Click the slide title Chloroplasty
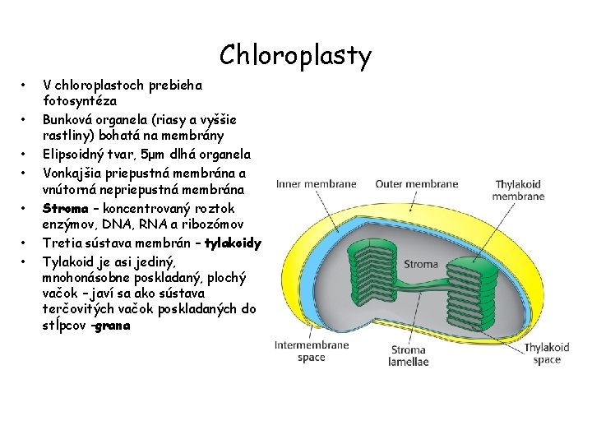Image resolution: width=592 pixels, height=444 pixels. pyautogui.click(x=295, y=56)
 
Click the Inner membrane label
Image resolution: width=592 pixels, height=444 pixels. pyautogui.click(x=317, y=183)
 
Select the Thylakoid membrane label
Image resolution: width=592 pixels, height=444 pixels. pyautogui.click(x=518, y=191)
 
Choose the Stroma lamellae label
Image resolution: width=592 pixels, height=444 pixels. pyautogui.click(x=409, y=356)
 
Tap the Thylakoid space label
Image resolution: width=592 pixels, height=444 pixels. pyautogui.click(x=546, y=354)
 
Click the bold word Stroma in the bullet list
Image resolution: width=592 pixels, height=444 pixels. pyautogui.click(x=65, y=208)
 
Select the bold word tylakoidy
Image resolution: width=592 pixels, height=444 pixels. pyautogui.click(x=233, y=243)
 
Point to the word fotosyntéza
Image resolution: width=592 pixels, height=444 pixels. pyautogui.click(x=80, y=100)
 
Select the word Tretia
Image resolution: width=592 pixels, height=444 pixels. pyautogui.click(x=62, y=243)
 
